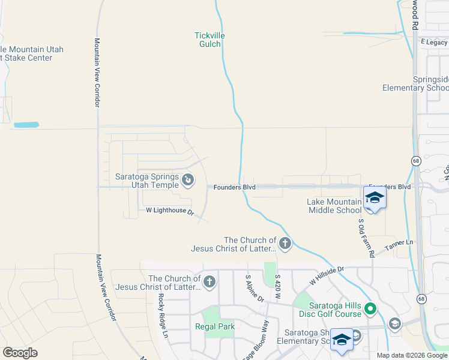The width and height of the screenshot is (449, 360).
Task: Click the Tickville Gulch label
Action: pos(209,40)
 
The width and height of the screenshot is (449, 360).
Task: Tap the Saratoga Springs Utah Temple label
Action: pos(146,181)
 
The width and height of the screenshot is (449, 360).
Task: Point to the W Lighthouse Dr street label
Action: pos(170,211)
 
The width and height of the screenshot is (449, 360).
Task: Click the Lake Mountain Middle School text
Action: pos(334,206)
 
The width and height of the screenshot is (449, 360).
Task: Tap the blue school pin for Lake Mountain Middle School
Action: pos(375,197)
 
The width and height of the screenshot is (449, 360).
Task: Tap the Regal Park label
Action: pos(215,326)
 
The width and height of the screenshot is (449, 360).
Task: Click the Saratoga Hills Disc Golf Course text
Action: pos(331,309)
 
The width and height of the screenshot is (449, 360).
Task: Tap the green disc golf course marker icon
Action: pos(371,309)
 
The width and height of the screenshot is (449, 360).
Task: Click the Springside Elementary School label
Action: pos(415,83)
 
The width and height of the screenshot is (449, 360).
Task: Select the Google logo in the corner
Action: pos(20,353)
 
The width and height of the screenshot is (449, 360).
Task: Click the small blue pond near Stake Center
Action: pos(26,125)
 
